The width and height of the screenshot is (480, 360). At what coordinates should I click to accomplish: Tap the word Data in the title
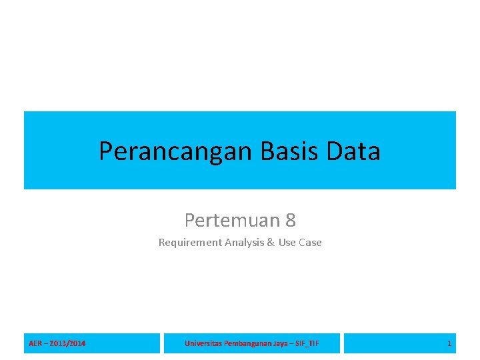coord(353,151)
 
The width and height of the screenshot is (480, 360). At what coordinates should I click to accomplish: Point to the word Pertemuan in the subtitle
coord(231,219)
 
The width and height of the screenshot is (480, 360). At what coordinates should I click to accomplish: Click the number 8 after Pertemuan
coord(290,219)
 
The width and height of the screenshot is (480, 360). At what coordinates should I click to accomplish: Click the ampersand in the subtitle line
coord(271,243)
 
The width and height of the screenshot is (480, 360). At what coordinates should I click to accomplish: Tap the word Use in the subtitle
coord(287,243)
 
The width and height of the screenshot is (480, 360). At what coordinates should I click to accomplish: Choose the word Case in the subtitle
coord(310,243)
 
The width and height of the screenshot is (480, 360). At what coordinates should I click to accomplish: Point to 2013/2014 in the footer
coord(67,343)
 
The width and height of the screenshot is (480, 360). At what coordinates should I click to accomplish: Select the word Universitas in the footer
coord(203,343)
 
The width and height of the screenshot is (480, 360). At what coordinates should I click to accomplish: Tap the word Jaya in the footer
coord(281,343)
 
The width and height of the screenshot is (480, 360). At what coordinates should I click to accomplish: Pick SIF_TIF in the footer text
coord(307,343)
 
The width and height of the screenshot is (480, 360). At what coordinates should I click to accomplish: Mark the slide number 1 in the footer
coord(449,343)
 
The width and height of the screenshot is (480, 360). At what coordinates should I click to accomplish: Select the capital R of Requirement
coord(161,243)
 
